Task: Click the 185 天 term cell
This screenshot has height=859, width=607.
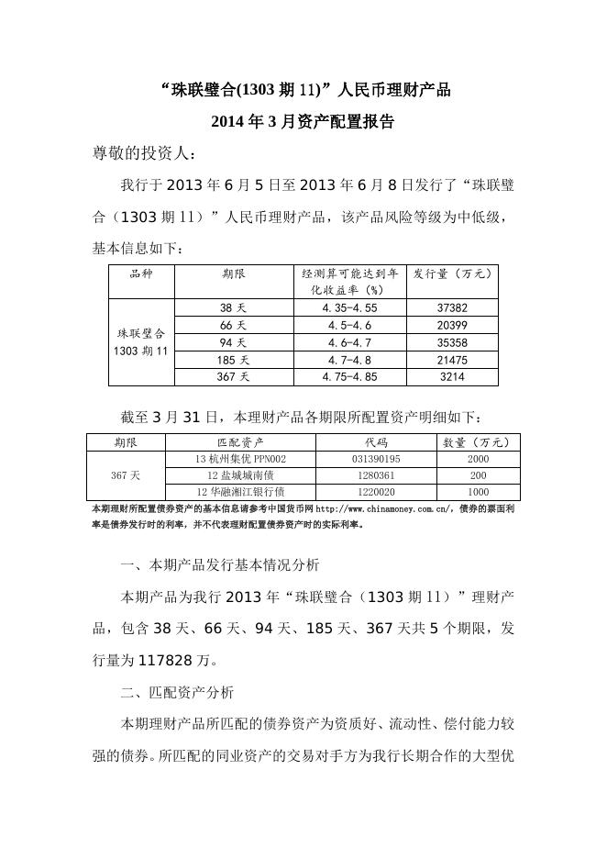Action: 233,360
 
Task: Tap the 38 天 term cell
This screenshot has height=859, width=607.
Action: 233,308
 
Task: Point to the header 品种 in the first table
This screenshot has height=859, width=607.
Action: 141,273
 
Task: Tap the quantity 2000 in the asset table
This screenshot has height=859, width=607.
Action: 478,459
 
